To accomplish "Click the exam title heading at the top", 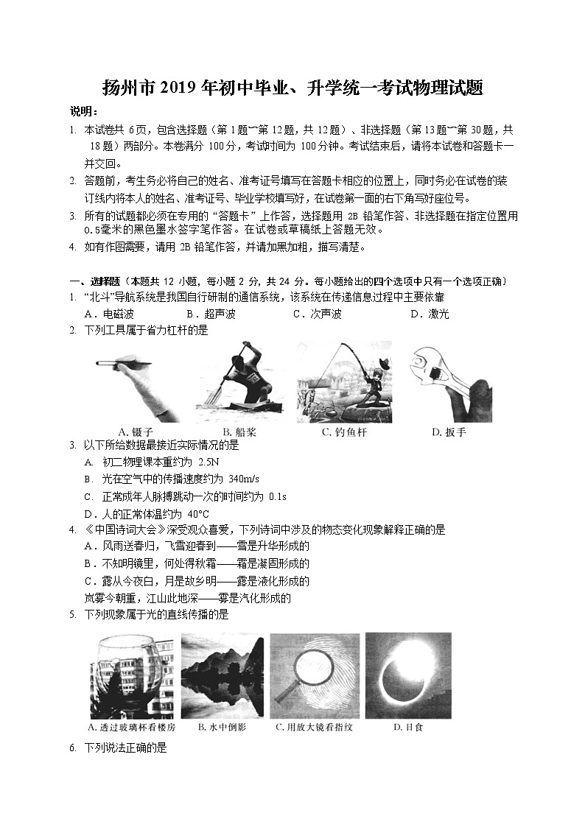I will [x=292, y=90].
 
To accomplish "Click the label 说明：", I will [x=84, y=111].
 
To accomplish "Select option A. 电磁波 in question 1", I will [x=108, y=314].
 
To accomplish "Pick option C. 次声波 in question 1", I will [x=317, y=314].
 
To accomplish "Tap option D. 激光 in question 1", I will [x=430, y=314].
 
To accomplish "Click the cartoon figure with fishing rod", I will [x=344, y=381].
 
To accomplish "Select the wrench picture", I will [x=450, y=381].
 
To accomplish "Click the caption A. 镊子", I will [x=135, y=432].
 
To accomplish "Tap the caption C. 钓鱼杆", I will [x=344, y=432].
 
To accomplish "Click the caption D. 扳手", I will [x=449, y=432].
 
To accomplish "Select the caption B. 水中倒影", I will [x=222, y=727].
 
